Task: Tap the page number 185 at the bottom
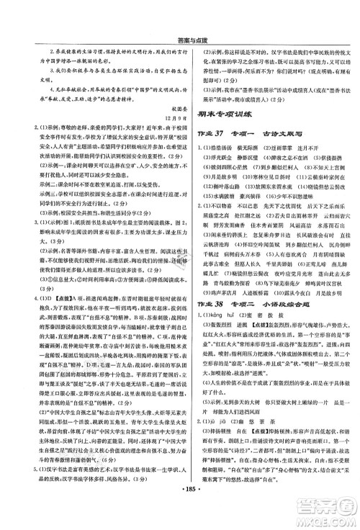pos(181,518)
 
